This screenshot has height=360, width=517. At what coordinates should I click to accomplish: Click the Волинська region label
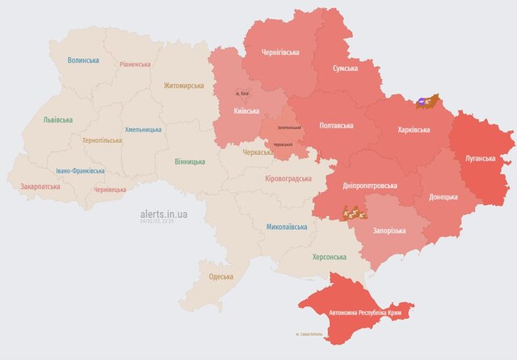coord(83,61)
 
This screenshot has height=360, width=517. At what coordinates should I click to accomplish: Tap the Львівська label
coord(57,120)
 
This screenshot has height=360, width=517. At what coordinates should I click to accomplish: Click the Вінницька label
coord(189,161)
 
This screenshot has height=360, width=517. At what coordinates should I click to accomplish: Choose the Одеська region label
coord(221,277)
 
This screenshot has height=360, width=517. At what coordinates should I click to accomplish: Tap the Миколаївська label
coord(287,227)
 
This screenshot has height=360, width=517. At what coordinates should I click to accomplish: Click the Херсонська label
coord(329,257)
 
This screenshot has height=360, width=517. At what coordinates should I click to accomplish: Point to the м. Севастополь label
coord(309,333)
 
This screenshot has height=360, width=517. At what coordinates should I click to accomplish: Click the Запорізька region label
coord(389,231)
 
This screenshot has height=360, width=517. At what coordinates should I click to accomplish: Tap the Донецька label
coord(443,196)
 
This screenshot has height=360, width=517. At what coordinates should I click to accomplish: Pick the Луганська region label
coord(481,158)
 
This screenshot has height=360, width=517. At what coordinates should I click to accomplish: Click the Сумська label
coord(351,69)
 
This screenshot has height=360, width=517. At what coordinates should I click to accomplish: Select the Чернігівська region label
coord(280,52)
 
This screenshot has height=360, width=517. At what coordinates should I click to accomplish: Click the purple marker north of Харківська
coord(422,102)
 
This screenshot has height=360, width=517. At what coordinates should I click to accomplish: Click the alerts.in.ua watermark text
coord(163,214)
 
